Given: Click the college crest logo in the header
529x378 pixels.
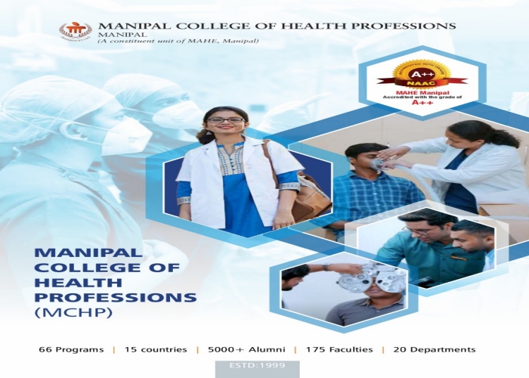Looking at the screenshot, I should coord(75,31).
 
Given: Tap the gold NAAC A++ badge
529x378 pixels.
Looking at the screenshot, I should coord(422,72).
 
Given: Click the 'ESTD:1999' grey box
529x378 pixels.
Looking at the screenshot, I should coord(257,368).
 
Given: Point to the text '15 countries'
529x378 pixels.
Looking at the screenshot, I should coord(154,349).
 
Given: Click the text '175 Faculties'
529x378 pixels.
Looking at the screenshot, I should coord(339,349).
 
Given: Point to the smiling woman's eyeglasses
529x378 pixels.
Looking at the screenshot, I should coord(225,119).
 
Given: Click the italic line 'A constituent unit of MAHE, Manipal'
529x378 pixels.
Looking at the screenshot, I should coord(178,40).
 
